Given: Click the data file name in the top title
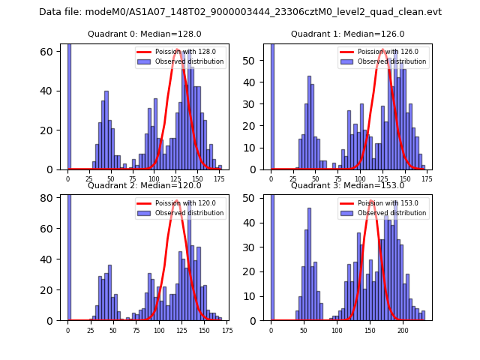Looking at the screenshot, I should point(240,12).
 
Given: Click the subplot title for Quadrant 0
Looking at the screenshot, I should point(145,34).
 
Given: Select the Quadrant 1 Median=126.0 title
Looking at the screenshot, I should point(348,34).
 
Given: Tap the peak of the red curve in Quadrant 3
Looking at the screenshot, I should point(371,200).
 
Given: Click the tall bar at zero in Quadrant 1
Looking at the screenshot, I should point(271,105).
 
